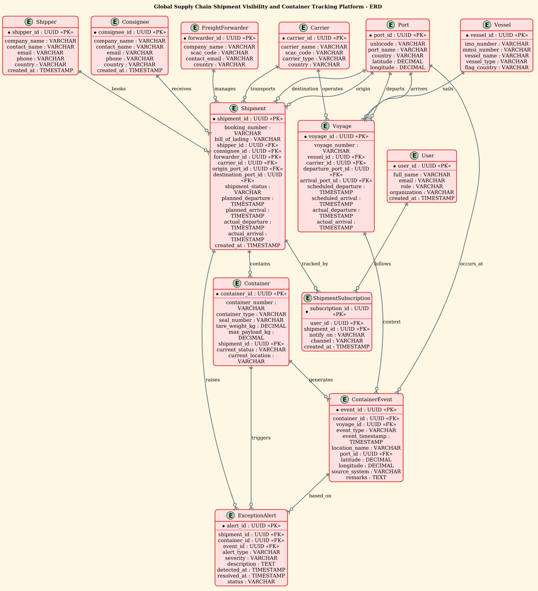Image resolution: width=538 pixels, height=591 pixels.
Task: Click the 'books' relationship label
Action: [119, 89]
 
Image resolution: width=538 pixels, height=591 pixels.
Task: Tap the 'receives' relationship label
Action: [181, 89]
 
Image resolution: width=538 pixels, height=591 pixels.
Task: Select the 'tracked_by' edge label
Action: [315, 264]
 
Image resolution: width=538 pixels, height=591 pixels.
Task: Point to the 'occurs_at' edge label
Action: [471, 264]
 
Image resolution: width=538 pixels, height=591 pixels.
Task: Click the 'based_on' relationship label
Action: [320, 496]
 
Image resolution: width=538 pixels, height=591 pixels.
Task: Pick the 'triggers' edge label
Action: [261, 438]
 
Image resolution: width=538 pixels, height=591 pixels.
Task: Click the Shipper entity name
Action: [46, 22]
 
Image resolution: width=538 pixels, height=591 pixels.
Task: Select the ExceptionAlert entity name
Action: [257, 516]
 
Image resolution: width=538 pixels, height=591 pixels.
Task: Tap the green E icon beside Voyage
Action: [325, 126]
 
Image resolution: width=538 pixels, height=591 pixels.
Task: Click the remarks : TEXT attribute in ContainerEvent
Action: [366, 478]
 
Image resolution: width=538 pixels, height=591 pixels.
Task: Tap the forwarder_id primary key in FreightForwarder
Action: [219, 38]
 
